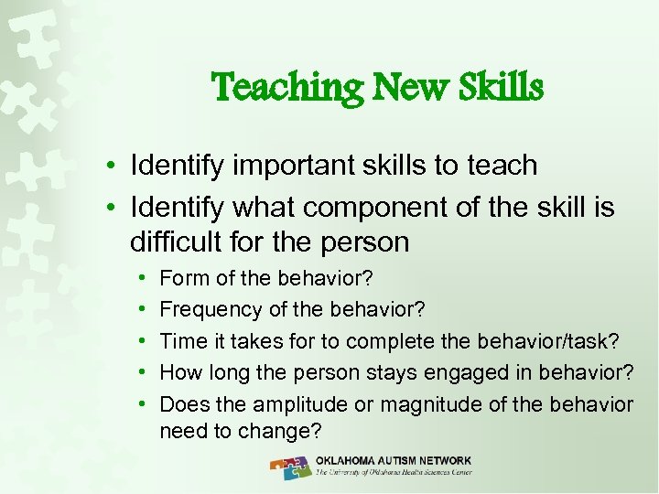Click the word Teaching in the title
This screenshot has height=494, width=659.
275,88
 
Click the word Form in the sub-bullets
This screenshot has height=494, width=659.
181,277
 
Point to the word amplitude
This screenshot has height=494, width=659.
303,404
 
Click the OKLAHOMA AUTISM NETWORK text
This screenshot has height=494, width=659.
394,460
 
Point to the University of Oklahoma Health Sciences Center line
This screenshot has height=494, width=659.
394,473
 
